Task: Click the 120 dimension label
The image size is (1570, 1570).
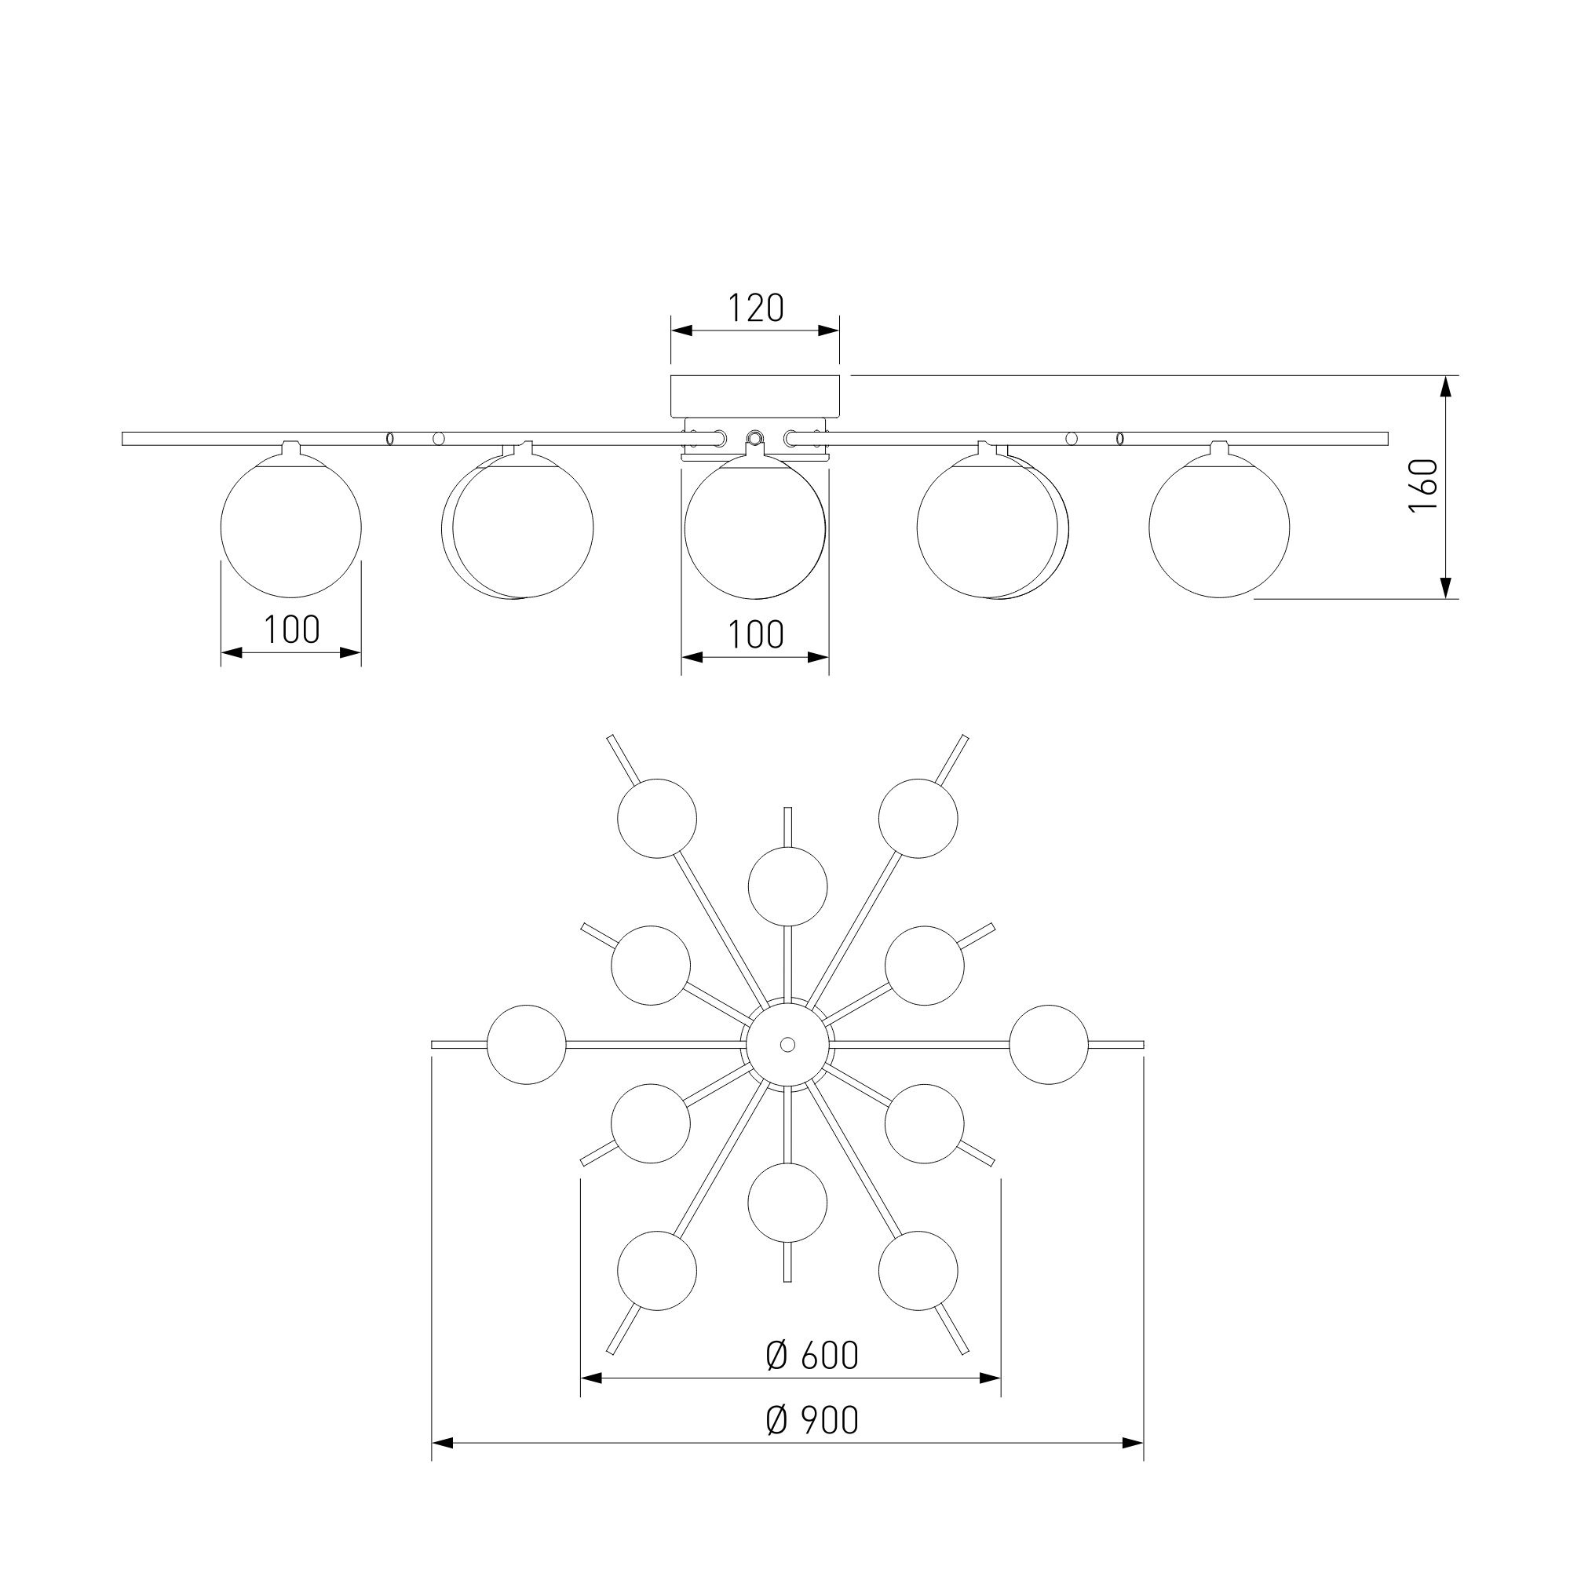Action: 755,308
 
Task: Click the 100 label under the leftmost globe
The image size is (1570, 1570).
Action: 292,629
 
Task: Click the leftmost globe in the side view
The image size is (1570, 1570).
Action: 291,527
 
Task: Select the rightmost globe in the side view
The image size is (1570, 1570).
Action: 1219,527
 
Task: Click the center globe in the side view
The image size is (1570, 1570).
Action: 755,528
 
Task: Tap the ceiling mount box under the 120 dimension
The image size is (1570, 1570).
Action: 755,396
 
